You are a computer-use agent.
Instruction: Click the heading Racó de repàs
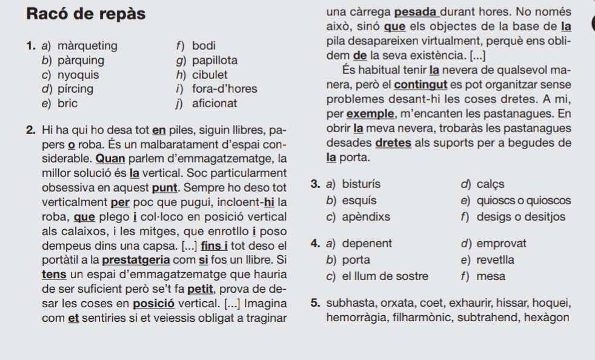86,15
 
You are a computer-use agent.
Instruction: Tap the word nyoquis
78,75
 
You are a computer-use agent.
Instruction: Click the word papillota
214,61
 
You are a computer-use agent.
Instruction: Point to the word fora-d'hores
224,90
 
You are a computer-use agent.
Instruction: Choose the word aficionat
214,104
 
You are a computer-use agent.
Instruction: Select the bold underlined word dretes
394,143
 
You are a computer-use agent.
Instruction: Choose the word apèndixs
366,216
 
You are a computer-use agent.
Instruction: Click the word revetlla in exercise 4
499,260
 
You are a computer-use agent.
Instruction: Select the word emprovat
502,244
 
